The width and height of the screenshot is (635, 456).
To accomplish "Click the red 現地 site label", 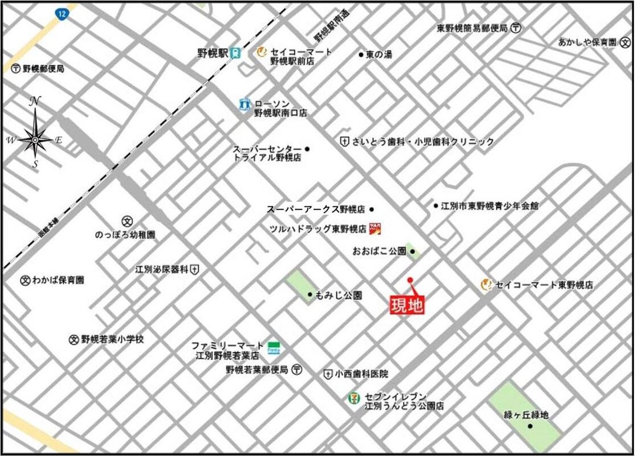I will coord(407,305).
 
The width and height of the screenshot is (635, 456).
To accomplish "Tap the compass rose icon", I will coord(35,139).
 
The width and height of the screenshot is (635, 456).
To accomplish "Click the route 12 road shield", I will coord(62,14).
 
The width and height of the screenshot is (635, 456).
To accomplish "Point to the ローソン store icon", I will coord(245,104).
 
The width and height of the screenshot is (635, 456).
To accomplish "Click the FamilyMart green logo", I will coord(273,347).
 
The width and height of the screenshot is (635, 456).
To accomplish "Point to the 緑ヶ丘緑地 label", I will coord(526,415).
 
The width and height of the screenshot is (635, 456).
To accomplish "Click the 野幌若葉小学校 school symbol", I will coord(74,339).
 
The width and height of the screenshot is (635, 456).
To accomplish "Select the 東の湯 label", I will coord(379,54).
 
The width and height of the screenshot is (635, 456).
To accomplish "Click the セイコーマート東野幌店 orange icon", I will coord(486,285).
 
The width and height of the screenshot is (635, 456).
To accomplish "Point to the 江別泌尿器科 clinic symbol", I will coord(195,269).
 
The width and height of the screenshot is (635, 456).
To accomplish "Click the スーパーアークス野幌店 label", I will coord(316,209).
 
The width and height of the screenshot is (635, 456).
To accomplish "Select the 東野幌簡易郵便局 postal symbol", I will coord(516,28).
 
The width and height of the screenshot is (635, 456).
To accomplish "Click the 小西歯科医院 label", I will coord(362,374).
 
